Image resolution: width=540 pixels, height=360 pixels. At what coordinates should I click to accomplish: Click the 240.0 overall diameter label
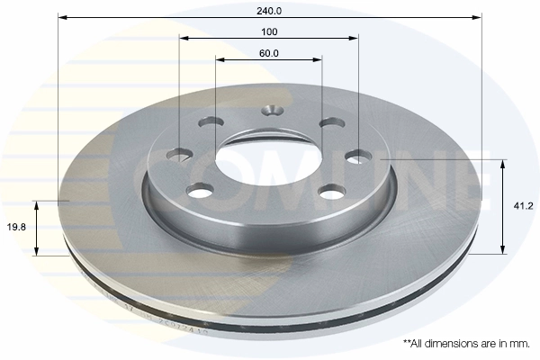point(269,11)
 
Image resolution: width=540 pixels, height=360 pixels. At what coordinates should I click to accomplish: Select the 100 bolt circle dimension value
point(269,31)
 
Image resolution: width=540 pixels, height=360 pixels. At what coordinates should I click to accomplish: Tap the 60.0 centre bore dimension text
point(269,53)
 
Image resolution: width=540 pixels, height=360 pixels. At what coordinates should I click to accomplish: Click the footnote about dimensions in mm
point(467,344)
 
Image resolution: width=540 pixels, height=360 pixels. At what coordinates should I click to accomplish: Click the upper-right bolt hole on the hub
point(331,122)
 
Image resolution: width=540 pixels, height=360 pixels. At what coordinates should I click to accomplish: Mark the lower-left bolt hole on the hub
point(200,190)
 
